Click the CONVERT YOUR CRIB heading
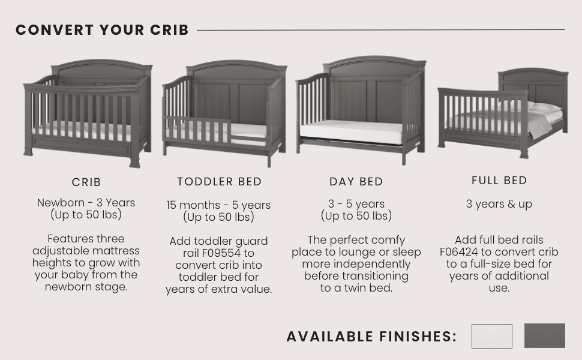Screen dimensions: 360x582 point(102,30)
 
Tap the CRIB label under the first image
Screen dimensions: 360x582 point(86,182)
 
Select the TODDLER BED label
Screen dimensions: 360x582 point(219,181)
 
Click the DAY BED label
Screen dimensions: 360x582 point(356,182)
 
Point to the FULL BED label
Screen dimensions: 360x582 point(499,181)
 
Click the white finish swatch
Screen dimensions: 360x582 point(491,336)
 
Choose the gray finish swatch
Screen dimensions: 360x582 point(544,336)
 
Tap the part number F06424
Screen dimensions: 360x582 point(462,252)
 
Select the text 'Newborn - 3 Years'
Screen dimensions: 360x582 point(86,203)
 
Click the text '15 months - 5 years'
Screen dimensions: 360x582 point(218,205)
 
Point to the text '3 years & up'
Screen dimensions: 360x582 point(499,204)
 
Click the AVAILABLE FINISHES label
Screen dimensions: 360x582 point(371,337)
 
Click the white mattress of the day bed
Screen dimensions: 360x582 point(351,132)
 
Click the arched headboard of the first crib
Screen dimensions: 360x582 point(102,72)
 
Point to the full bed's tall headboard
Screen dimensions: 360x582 point(533,84)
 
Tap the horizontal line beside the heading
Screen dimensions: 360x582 point(381,30)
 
